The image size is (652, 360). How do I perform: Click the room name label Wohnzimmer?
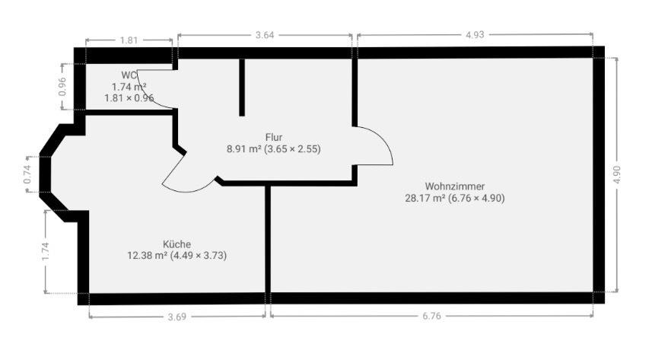(455, 186)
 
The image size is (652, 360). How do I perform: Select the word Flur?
(274, 137)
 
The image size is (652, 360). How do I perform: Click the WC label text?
(129, 75)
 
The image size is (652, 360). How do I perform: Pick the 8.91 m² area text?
(243, 149)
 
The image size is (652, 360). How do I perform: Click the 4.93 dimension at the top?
(475, 34)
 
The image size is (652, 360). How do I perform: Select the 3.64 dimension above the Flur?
(265, 34)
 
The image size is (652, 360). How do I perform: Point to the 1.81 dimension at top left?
(129, 40)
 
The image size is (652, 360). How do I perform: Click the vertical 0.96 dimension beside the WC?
(63, 88)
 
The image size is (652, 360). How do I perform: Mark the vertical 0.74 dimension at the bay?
(27, 174)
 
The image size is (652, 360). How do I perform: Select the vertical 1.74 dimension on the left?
(46, 252)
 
